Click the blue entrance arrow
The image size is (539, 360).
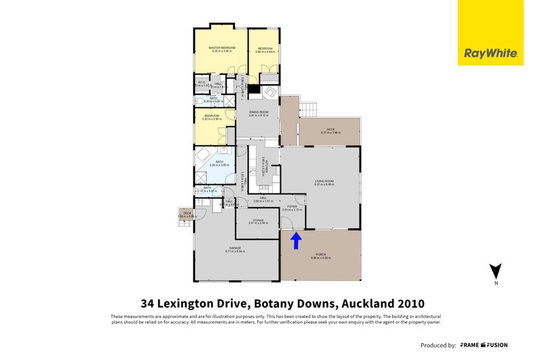(294, 240)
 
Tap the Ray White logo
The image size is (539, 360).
(490, 53)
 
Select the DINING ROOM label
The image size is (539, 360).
(259, 112)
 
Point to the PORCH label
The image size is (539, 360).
(320, 255)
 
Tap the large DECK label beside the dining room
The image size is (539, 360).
(330, 129)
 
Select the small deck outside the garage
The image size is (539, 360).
(185, 216)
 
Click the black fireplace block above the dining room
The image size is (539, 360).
(253, 89)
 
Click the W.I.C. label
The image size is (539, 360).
(201, 82)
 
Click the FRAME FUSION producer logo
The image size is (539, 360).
(484, 345)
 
